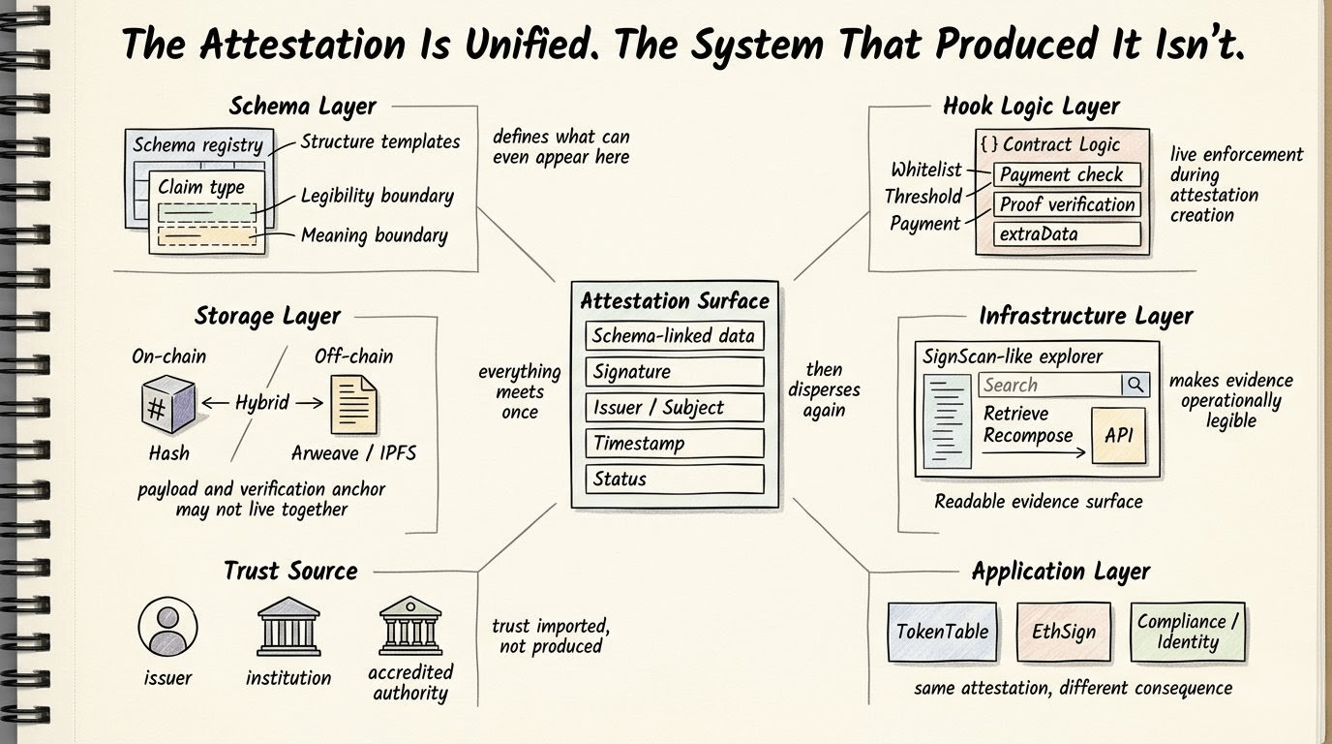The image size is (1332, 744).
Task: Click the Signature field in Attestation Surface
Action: coord(675,372)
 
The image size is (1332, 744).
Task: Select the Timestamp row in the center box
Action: coord(675,444)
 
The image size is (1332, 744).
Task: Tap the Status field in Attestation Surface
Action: coord(675,480)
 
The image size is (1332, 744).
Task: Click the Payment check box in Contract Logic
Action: coord(1067,175)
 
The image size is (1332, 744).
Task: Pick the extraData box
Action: coord(1067,233)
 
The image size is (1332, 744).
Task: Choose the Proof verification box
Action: coord(1067,204)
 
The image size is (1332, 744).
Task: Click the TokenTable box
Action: coord(942,632)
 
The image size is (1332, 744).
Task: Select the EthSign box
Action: coord(1063,632)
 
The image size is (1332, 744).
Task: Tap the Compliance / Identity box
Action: coord(1187,632)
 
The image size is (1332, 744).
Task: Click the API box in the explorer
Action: coord(1118,435)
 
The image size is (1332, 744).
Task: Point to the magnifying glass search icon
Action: coord(1135,385)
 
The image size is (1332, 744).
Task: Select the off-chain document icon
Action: coord(354,404)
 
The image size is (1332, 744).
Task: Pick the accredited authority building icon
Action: coord(410,625)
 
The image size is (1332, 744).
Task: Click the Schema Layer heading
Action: coord(302,107)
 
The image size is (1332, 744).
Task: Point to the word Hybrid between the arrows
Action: coord(261,402)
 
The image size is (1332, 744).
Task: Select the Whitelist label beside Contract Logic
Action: coord(926,170)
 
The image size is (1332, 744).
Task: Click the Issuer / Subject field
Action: coord(675,408)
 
